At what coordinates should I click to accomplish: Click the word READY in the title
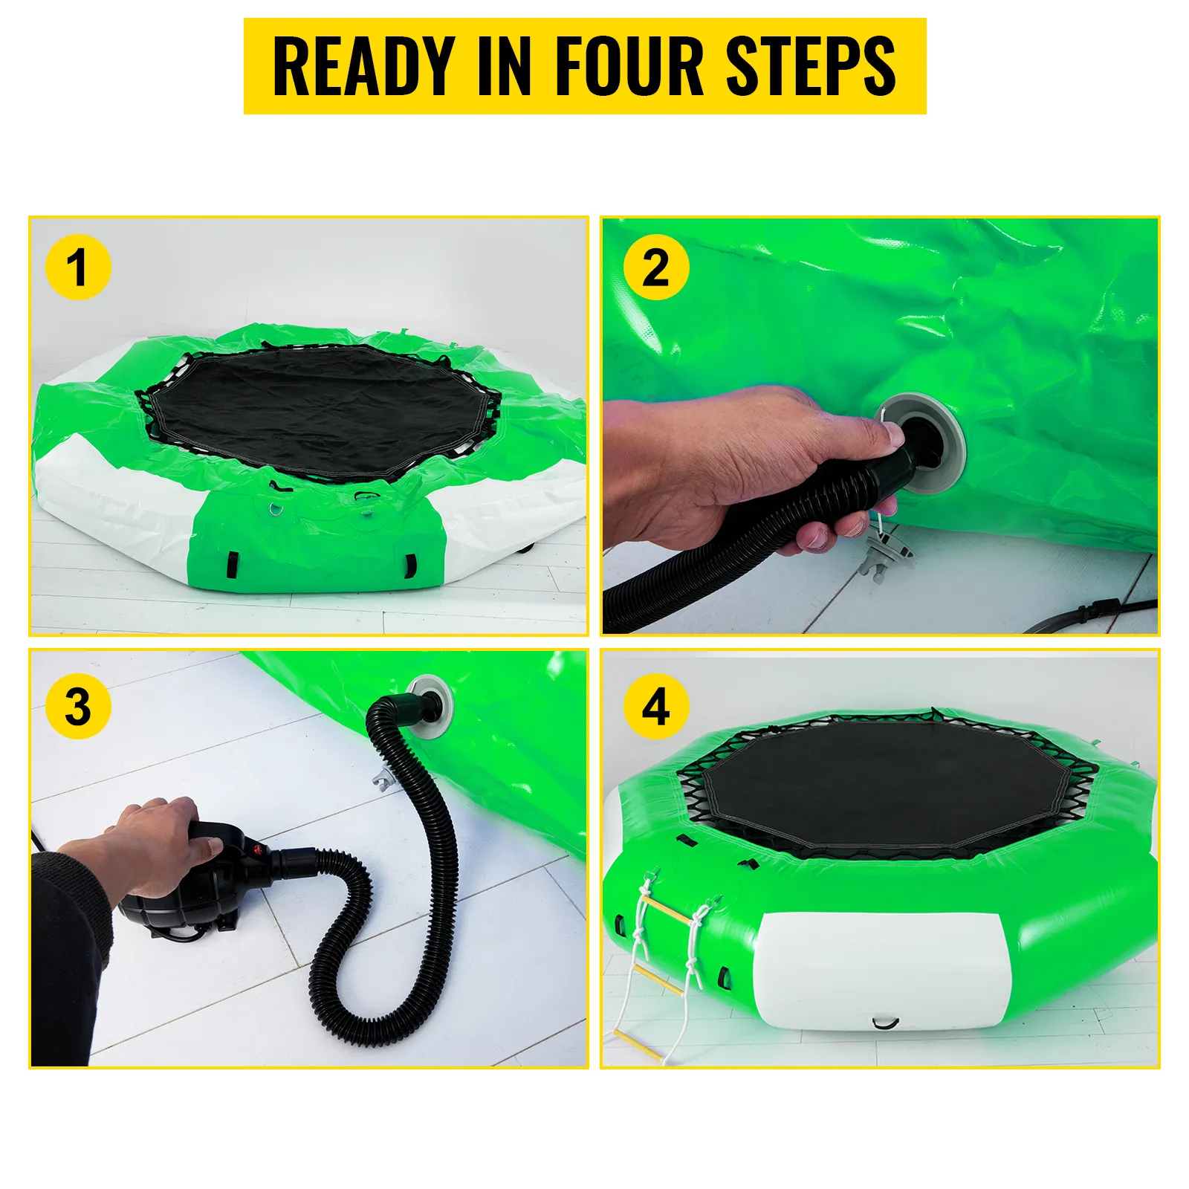click(364, 67)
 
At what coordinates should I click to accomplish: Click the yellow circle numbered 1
click(77, 268)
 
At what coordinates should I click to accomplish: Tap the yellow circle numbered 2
click(656, 268)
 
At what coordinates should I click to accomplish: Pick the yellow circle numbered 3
click(77, 707)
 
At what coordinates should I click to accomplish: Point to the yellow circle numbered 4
click(656, 707)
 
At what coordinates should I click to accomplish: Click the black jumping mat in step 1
click(320, 412)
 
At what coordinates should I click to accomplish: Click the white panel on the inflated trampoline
click(881, 970)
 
